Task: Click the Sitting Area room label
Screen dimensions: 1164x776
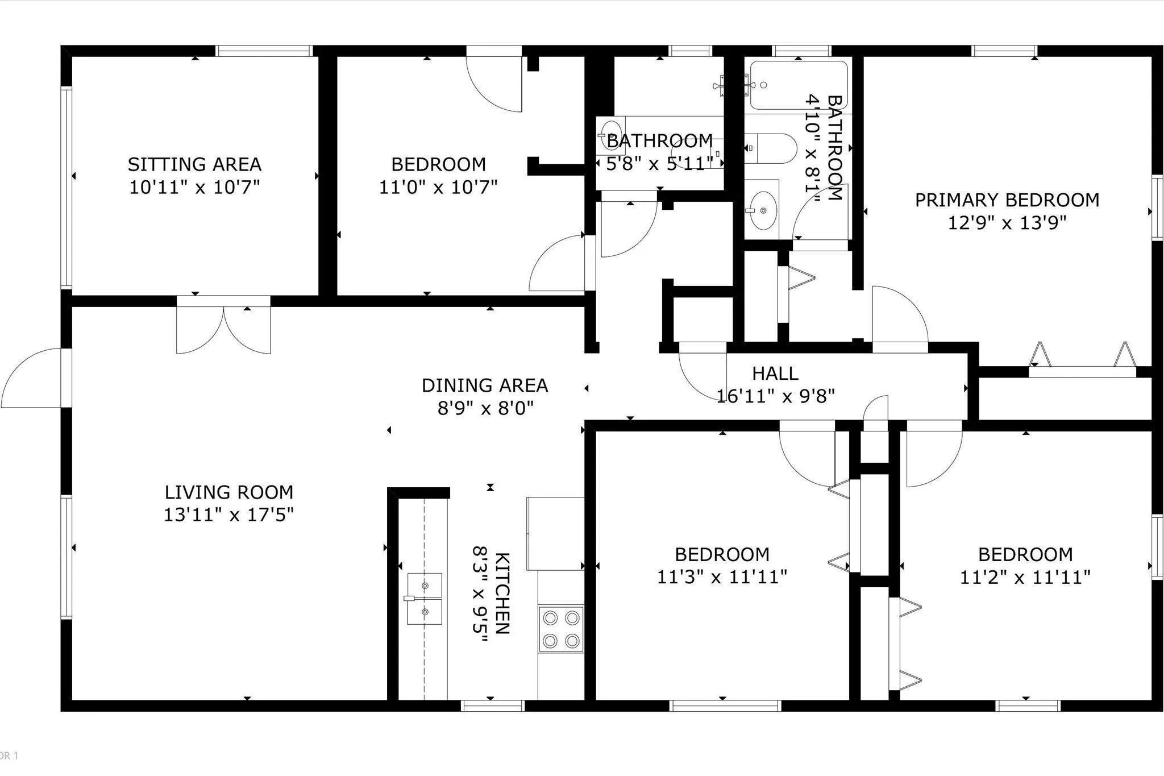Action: tap(194, 164)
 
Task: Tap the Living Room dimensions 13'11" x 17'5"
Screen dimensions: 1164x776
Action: tap(228, 515)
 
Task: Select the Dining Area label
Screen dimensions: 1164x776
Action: tap(485, 385)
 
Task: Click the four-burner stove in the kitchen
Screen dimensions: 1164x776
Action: tap(561, 629)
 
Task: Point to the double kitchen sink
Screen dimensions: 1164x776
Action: tap(425, 598)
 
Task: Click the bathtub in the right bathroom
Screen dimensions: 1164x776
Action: tap(799, 85)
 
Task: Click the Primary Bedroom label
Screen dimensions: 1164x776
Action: tap(1007, 200)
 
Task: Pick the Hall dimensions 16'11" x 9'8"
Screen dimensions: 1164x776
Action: tap(775, 396)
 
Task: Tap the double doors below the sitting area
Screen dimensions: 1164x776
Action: tap(224, 330)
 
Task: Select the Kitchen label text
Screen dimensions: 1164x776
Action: tap(502, 593)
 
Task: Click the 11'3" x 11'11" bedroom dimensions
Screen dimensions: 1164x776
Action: tap(722, 578)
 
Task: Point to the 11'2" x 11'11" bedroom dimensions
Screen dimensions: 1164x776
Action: tap(1025, 578)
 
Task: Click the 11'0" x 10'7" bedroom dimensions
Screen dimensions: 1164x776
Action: tap(438, 187)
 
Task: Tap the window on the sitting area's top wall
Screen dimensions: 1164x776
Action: tap(264, 51)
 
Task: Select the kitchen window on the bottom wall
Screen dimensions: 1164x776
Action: tap(492, 706)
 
